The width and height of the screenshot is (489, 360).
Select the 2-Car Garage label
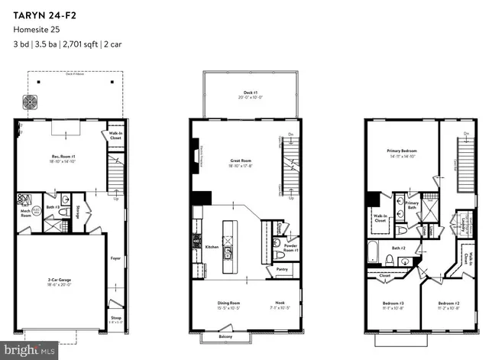pyautogui.click(x=59, y=282)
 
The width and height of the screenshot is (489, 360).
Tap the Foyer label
pyautogui.click(x=115, y=258)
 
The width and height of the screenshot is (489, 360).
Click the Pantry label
pyautogui.click(x=282, y=269)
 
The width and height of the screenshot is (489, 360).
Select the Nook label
pyautogui.click(x=281, y=304)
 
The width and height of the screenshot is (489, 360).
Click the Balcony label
pyautogui.click(x=227, y=336)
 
